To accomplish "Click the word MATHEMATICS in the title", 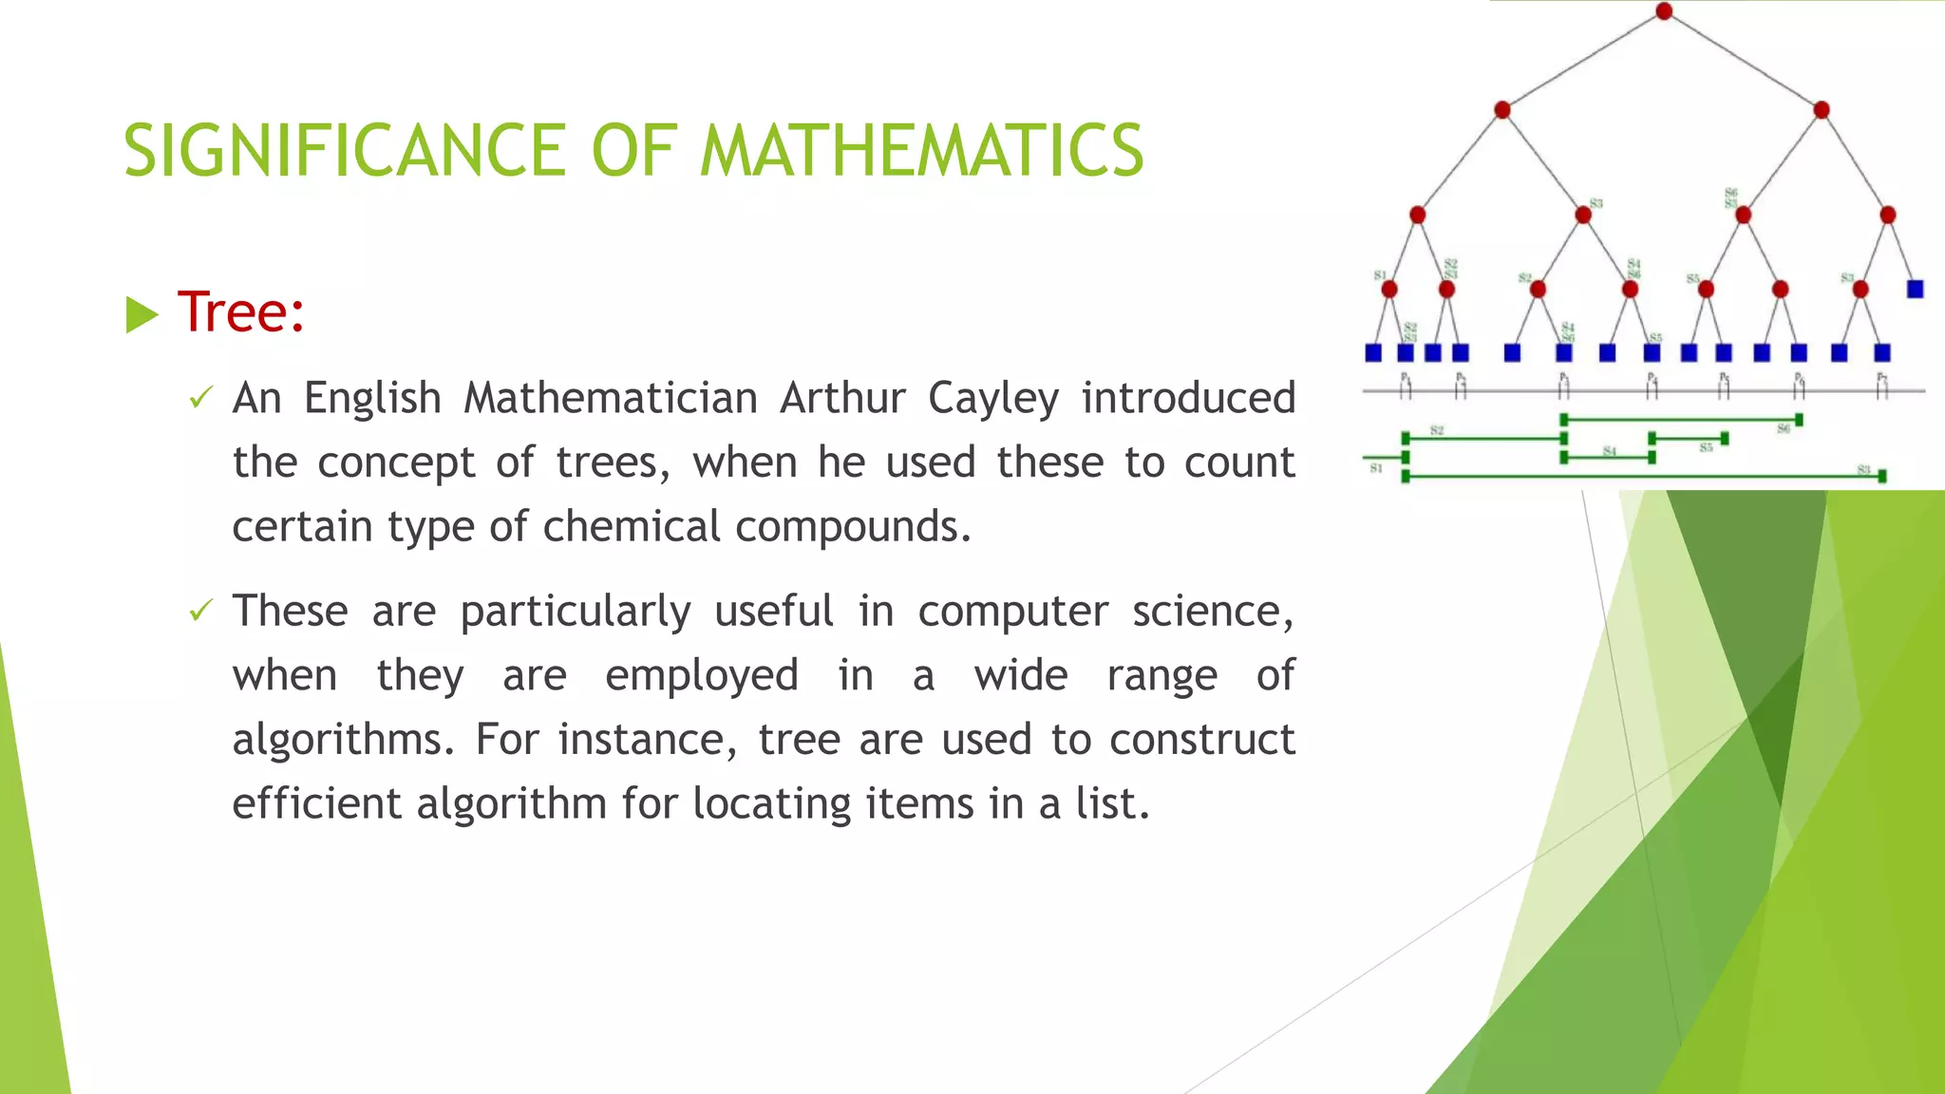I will click(921, 150).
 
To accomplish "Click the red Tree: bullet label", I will click(241, 311).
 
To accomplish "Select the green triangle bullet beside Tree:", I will click(142, 314).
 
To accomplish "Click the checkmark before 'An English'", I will click(200, 398).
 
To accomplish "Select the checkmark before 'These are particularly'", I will click(200, 611).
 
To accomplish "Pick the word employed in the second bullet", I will click(702, 676).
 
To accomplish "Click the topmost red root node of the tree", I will click(1664, 11).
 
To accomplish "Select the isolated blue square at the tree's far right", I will click(1915, 289).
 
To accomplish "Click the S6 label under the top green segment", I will click(1784, 430).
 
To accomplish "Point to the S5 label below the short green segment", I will click(1707, 447).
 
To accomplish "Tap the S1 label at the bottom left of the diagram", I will click(1376, 468).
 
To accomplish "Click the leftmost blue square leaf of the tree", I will click(1373, 353).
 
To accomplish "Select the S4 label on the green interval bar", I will click(1609, 451).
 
